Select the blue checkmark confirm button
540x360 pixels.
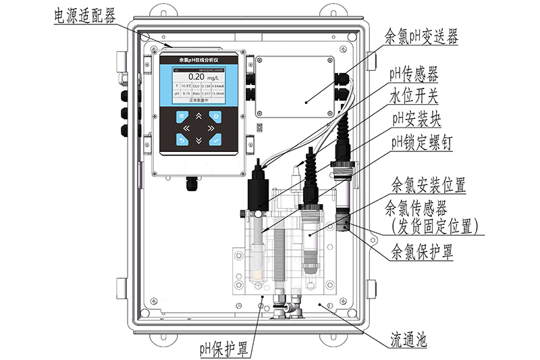(x=215, y=140)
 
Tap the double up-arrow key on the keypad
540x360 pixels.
(x=198, y=116)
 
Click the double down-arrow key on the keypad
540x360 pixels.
(x=198, y=140)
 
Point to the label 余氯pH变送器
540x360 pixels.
(x=420, y=36)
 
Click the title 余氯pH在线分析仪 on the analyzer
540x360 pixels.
(x=196, y=60)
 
